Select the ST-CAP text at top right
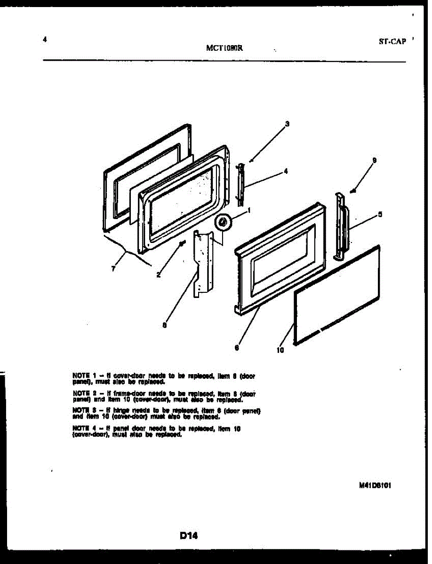392,41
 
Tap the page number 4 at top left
44,40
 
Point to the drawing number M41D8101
375,486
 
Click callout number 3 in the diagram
287,124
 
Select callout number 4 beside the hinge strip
286,172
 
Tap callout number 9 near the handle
374,161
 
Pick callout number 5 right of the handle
380,215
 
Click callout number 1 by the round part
248,210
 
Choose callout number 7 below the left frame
113,269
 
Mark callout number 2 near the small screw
159,275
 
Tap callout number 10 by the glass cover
280,350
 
